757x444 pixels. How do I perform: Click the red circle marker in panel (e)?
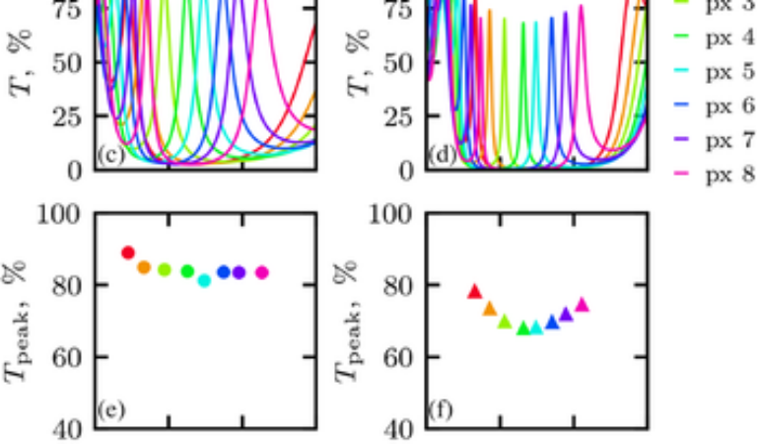click(127, 253)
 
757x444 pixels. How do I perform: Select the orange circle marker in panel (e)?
click(144, 267)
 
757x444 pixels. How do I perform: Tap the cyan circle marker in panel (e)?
click(204, 280)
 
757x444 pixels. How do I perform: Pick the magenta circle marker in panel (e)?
click(261, 272)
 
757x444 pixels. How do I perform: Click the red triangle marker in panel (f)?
click(474, 291)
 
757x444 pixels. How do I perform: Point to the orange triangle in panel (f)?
click(489, 309)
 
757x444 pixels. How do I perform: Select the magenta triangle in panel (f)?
click(582, 305)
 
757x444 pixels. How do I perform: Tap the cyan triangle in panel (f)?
click(536, 327)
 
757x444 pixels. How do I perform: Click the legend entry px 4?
click(717, 39)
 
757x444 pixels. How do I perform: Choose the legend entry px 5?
click(717, 73)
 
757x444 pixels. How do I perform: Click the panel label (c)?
click(110, 156)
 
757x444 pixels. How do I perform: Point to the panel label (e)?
click(110, 409)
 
